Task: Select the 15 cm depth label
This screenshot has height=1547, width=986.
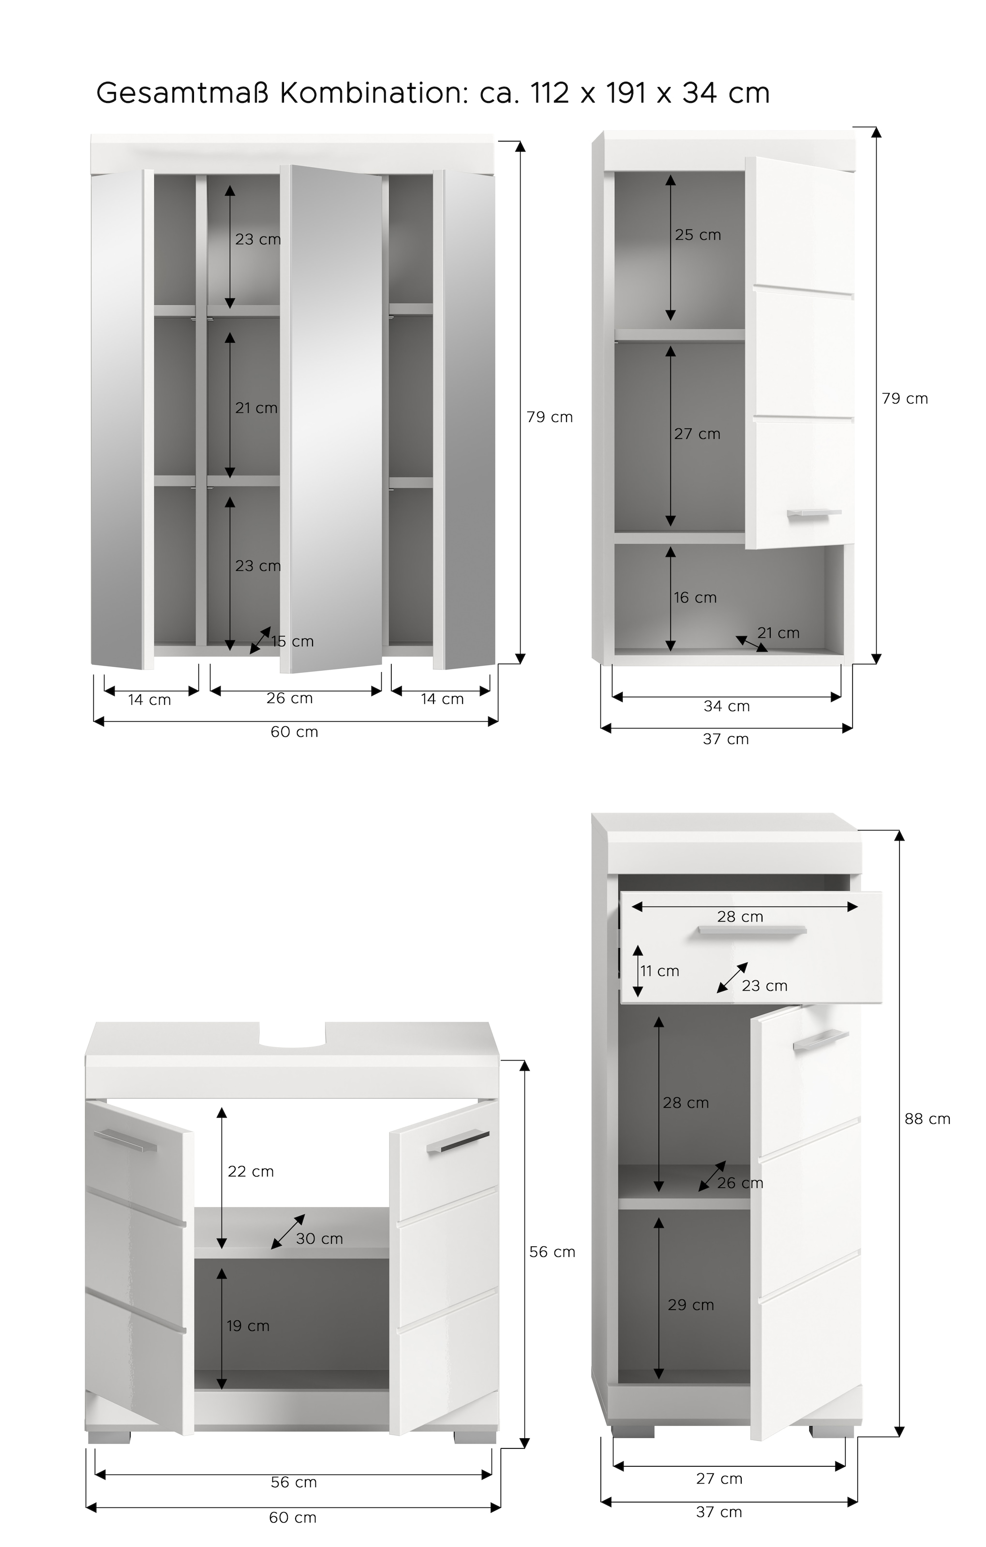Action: click(x=292, y=641)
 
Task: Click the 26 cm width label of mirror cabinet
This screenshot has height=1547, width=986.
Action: click(x=289, y=699)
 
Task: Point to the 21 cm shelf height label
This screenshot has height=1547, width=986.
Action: click(x=256, y=408)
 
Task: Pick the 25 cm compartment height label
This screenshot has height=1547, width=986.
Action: click(x=697, y=235)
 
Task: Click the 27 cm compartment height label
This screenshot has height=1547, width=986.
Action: click(x=697, y=434)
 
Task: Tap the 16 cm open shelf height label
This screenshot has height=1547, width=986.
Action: click(x=695, y=598)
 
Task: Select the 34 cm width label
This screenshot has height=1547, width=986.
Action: click(x=726, y=706)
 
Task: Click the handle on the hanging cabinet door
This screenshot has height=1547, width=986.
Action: click(x=814, y=512)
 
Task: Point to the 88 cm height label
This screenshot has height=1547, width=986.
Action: click(x=927, y=1119)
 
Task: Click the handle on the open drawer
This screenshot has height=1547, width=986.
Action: click(x=751, y=930)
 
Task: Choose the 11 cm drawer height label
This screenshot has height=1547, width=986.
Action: click(x=659, y=971)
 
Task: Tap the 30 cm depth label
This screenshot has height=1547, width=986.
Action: click(x=319, y=1239)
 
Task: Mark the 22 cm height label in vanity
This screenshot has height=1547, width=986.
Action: click(x=251, y=1171)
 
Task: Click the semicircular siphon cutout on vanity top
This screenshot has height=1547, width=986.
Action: click(x=292, y=1036)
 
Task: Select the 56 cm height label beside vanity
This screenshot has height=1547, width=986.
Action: click(x=552, y=1252)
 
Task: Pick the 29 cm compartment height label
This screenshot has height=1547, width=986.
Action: click(x=690, y=1305)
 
